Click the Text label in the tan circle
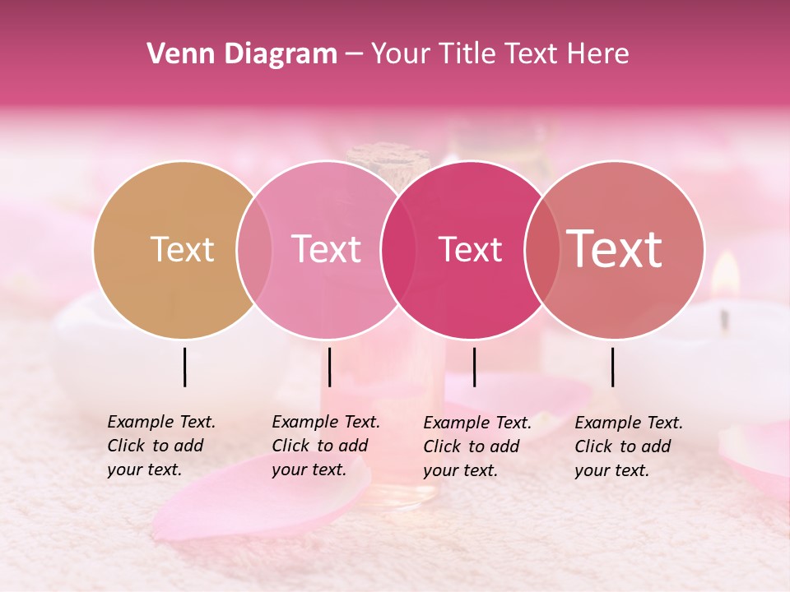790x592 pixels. tap(182, 249)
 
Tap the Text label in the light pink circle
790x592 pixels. tap(327, 249)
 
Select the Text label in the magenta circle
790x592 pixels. tap(471, 250)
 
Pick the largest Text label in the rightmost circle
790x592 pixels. tap(615, 249)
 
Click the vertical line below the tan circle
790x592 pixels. tap(184, 367)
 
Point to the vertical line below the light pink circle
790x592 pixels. tap(329, 367)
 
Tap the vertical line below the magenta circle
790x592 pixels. tap(474, 367)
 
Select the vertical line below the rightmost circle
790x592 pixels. tap(613, 367)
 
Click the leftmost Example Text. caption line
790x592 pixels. tap(161, 422)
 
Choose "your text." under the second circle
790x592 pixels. tap(309, 469)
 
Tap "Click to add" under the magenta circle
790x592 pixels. tap(472, 446)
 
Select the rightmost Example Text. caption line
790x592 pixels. tap(629, 423)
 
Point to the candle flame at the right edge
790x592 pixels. tap(724, 275)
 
